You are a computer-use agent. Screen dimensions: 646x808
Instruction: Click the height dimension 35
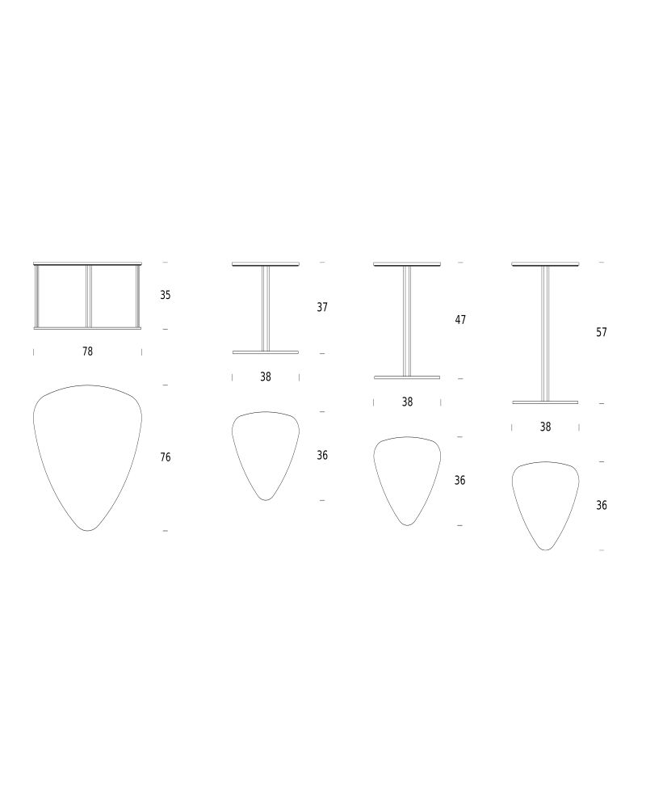pos(166,295)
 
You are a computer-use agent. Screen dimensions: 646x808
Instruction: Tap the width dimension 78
pos(87,351)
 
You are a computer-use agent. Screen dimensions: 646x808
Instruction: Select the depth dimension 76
pos(166,457)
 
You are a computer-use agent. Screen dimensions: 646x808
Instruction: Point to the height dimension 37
pos(322,307)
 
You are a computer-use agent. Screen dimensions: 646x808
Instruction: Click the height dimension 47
pos(460,320)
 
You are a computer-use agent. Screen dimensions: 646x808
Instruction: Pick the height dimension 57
pos(601,332)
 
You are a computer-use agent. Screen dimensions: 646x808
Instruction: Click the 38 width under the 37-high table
pos(266,377)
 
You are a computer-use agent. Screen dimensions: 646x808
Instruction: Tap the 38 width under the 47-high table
pos(407,402)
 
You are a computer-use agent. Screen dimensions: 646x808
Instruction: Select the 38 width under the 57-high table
pos(545,427)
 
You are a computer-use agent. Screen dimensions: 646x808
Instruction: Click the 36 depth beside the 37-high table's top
pos(322,456)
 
